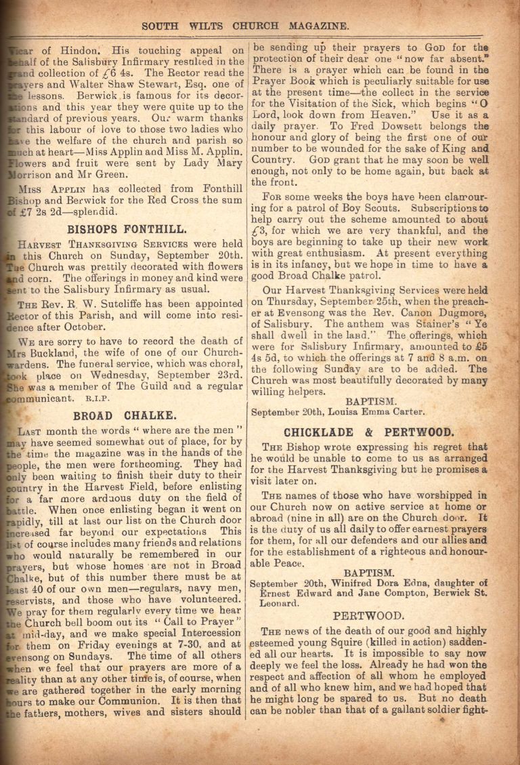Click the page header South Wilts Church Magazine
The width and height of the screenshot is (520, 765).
(x=245, y=26)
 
